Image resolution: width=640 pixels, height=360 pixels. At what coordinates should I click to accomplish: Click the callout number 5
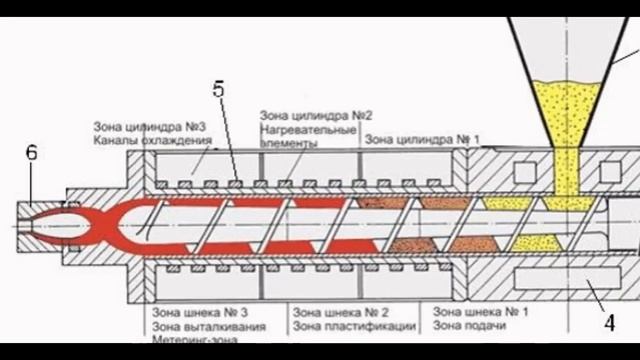(x=218, y=86)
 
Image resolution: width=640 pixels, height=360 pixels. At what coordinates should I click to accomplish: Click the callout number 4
(x=607, y=322)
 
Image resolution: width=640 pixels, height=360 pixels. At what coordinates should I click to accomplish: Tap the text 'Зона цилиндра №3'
(x=150, y=127)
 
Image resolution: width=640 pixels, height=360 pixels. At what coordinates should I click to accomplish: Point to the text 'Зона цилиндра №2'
(x=304, y=117)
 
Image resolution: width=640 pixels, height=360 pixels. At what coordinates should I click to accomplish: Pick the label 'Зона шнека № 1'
(x=476, y=311)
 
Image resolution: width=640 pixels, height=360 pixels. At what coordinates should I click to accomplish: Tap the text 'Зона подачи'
(x=464, y=325)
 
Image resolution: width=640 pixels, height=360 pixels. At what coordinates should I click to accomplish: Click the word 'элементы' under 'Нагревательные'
(x=289, y=143)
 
